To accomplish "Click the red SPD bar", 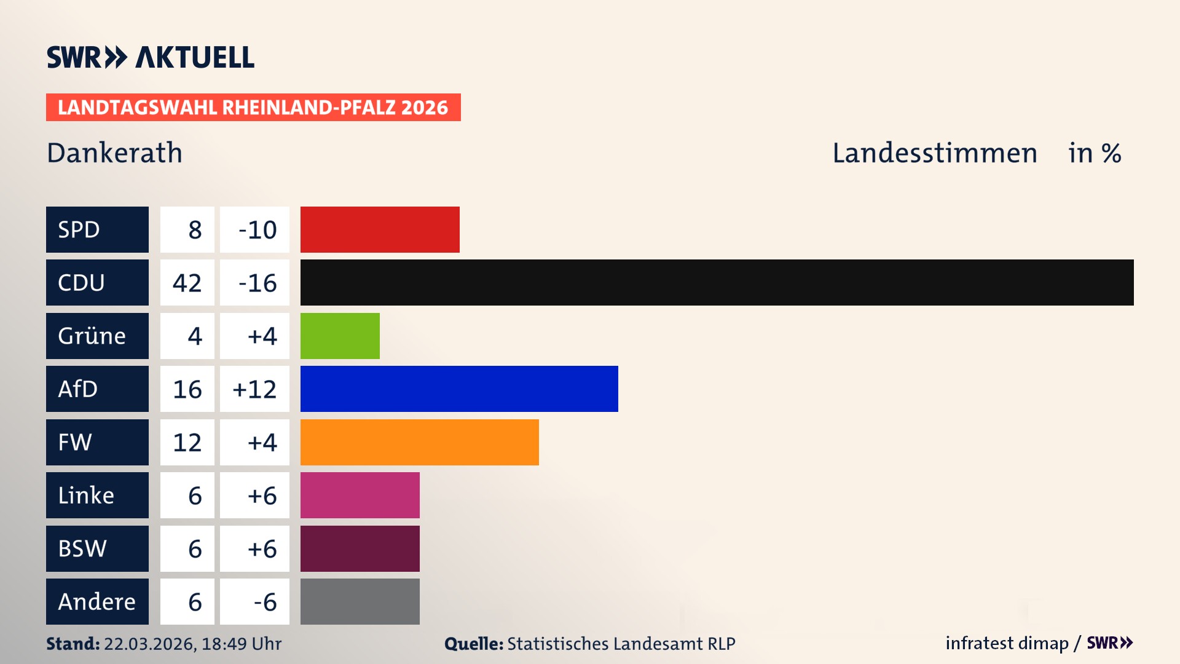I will click(x=380, y=229).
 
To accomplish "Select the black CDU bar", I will click(x=717, y=282).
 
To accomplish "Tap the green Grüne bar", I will click(x=340, y=336).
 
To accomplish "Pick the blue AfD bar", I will click(x=459, y=389).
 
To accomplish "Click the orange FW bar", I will click(x=419, y=442).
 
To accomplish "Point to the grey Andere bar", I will click(x=360, y=601).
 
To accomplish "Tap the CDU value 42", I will click(x=187, y=283).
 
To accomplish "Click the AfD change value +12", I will click(x=254, y=389).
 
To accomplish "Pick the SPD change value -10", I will click(x=257, y=230).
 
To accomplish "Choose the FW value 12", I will click(x=187, y=443).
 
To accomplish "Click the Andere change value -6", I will click(x=265, y=602).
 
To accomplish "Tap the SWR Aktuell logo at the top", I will click(x=151, y=57).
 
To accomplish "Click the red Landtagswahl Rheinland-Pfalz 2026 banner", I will click(x=253, y=108).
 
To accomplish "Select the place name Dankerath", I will click(x=114, y=152).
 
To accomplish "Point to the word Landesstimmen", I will click(x=934, y=152).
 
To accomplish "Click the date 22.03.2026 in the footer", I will click(x=149, y=644).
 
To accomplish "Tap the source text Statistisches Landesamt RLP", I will click(x=621, y=644).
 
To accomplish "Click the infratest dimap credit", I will click(x=1007, y=643).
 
